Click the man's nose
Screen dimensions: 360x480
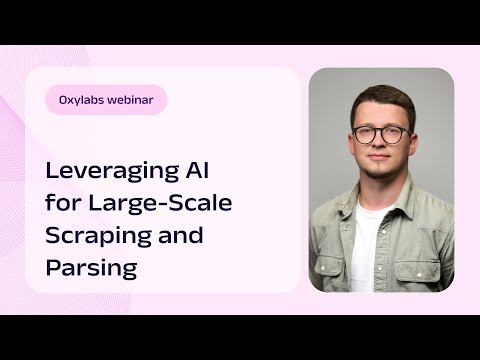pos(379,145)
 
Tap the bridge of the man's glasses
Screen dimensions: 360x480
pos(379,131)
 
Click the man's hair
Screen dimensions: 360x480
pos(381,97)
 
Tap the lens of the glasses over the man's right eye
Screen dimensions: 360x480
pos(365,133)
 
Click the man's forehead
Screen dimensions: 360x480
pos(380,115)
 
